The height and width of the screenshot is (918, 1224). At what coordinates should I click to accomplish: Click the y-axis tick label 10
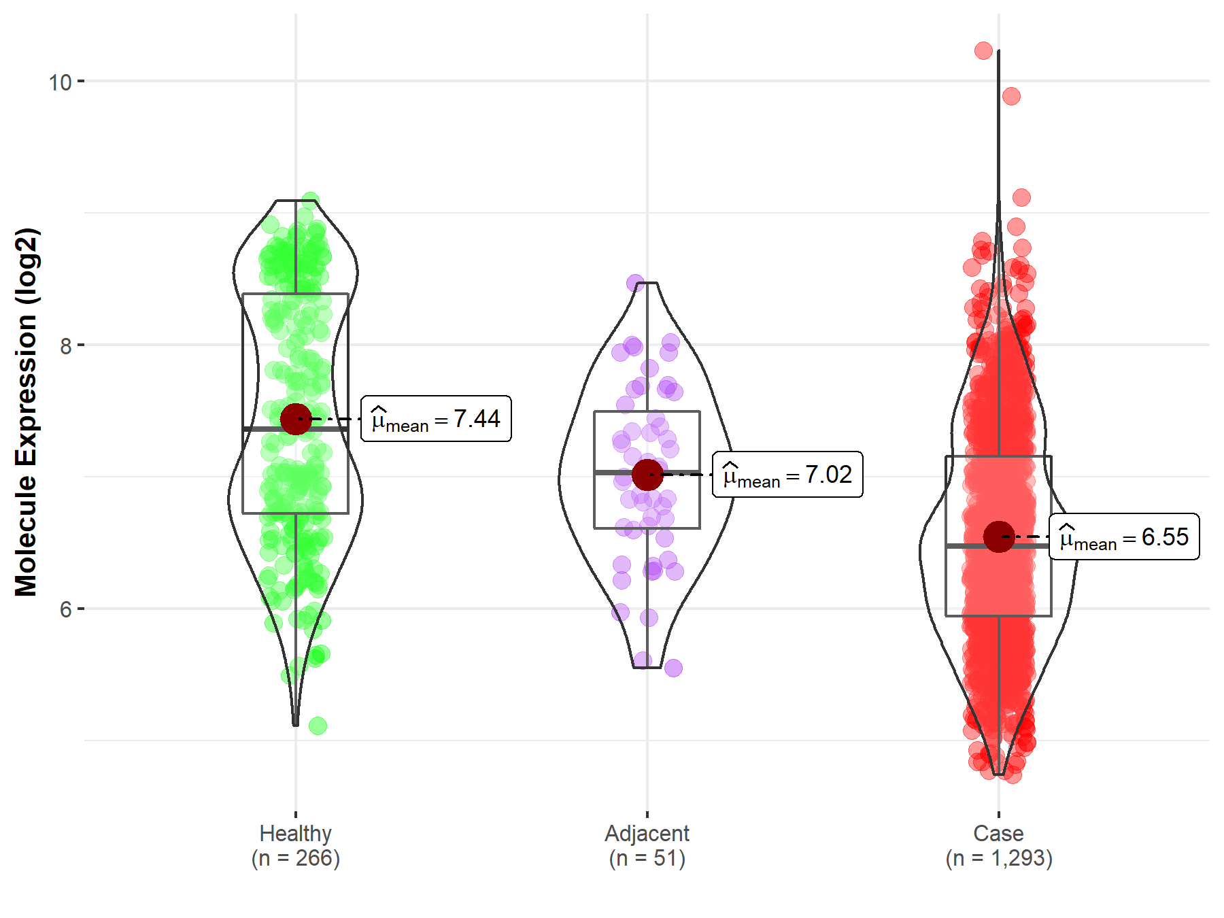click(x=60, y=82)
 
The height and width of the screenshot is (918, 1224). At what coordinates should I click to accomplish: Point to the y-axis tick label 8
click(x=65, y=346)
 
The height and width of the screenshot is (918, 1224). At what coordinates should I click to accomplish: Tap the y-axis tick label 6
click(x=65, y=609)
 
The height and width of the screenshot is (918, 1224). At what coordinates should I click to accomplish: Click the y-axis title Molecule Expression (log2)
click(x=26, y=412)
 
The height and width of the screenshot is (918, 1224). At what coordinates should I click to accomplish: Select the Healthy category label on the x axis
click(x=295, y=833)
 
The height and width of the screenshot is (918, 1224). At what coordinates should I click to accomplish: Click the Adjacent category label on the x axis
click(x=647, y=833)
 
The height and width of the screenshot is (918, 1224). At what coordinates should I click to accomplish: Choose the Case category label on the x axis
click(x=998, y=833)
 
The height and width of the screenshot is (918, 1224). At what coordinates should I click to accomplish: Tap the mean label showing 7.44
click(x=436, y=419)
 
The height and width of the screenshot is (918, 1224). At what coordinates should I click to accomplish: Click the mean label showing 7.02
click(x=787, y=475)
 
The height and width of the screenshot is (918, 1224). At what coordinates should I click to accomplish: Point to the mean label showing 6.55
click(x=1124, y=537)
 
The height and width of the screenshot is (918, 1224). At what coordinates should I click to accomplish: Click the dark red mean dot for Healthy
click(x=296, y=419)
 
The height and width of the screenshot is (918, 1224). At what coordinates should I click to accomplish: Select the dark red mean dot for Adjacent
click(x=647, y=475)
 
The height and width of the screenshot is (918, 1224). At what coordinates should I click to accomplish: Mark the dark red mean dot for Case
click(x=999, y=537)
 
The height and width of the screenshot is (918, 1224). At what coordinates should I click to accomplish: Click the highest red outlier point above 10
click(x=983, y=50)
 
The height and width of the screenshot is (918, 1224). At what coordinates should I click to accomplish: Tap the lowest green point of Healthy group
click(x=318, y=726)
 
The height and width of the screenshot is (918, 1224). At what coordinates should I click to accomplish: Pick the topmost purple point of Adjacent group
click(x=635, y=283)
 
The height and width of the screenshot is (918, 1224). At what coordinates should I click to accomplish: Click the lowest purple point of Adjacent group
click(x=673, y=668)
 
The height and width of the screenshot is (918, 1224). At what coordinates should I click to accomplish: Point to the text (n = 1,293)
click(x=998, y=858)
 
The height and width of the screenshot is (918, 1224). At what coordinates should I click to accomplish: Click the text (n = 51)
click(x=647, y=858)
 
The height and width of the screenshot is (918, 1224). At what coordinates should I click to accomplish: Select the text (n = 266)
click(x=295, y=858)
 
